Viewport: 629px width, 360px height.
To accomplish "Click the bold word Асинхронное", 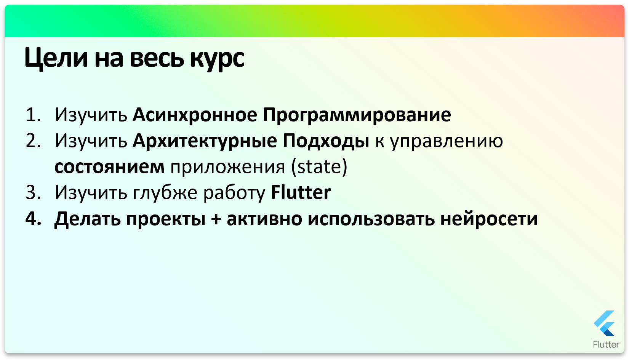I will tap(195, 115).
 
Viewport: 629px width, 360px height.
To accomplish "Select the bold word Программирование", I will tap(357, 115).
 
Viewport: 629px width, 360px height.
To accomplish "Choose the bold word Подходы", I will tap(326, 141).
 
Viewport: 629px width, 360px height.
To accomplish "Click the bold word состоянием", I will tap(109, 167).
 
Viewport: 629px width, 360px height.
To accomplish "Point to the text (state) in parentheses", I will tap(319, 167).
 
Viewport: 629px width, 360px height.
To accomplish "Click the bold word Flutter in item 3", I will tap(301, 192).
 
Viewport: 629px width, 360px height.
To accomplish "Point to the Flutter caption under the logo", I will tap(606, 344).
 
